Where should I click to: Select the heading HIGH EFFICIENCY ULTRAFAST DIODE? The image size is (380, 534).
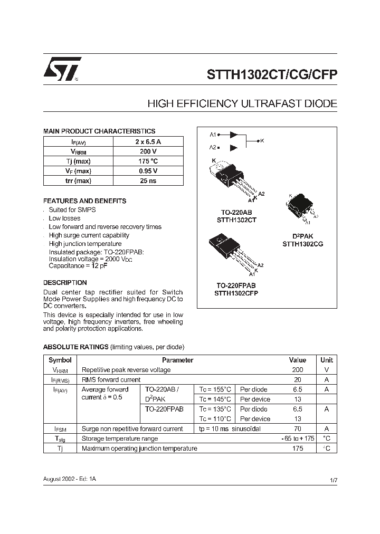[x=242, y=104]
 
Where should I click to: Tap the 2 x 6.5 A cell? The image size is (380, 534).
[x=148, y=141]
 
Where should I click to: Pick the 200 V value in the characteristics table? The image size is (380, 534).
[x=148, y=151]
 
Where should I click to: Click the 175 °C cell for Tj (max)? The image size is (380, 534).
[x=148, y=161]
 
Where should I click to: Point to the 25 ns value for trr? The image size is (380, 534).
[x=148, y=180]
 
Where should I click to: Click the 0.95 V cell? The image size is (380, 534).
[x=148, y=171]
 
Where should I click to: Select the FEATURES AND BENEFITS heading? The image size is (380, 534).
[x=84, y=201]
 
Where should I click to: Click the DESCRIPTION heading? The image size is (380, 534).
[x=65, y=283]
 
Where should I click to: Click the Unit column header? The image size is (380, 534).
[x=327, y=360]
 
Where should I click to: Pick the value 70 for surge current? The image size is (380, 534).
[x=298, y=429]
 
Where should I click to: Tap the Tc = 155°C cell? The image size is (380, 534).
[x=215, y=389]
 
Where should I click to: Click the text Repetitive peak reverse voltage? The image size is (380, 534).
[x=126, y=370]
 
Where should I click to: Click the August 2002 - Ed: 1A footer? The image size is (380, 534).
[x=69, y=478]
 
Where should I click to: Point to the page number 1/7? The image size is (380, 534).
[x=333, y=480]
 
